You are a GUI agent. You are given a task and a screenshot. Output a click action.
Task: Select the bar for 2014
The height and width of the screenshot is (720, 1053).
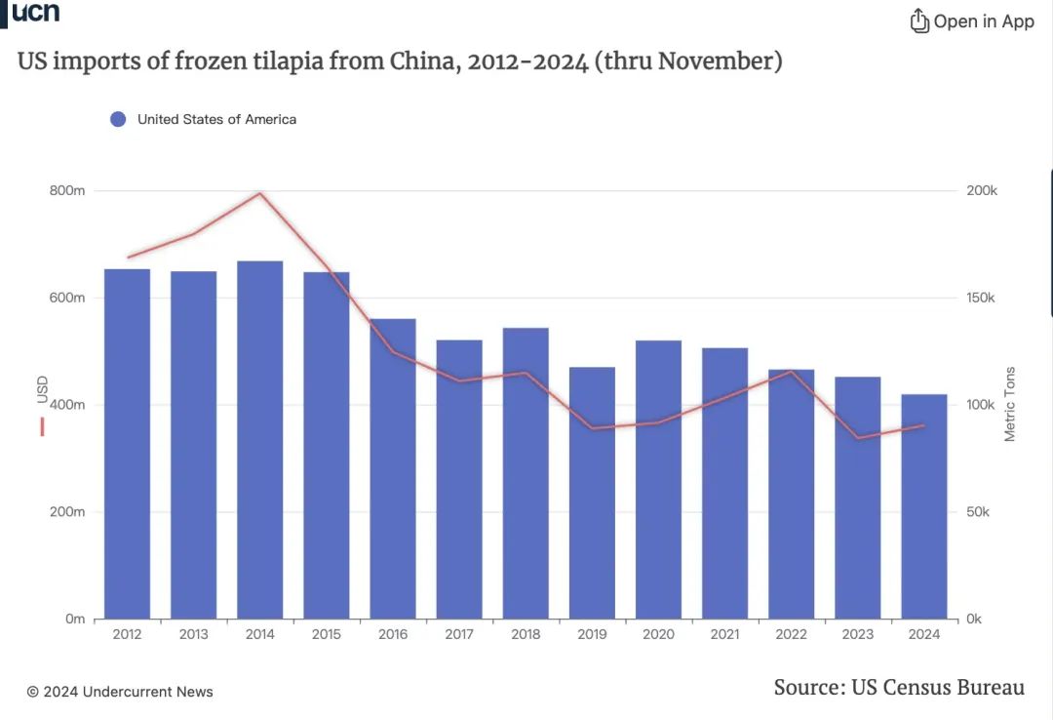(x=260, y=439)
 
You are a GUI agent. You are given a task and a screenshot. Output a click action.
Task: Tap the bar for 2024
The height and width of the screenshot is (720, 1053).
(x=923, y=506)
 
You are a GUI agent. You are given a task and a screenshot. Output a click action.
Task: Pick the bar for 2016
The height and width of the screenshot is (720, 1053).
(x=393, y=468)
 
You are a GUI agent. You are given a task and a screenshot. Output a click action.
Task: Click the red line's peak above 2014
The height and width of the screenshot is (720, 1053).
(x=260, y=193)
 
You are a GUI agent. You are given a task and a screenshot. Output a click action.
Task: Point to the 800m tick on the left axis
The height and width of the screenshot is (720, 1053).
(x=67, y=190)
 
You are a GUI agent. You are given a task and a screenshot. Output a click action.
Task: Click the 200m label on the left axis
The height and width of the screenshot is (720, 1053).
(x=67, y=511)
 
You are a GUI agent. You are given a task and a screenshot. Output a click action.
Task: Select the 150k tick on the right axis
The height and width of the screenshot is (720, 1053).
(x=982, y=298)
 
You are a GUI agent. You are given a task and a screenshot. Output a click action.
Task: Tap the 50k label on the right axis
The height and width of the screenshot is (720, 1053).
(x=978, y=511)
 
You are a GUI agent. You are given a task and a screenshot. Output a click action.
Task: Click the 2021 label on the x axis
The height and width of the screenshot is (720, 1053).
(x=724, y=634)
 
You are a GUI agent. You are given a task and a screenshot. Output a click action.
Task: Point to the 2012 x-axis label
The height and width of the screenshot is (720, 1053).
(x=128, y=634)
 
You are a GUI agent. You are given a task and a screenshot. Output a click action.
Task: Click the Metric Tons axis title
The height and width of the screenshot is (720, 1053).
(x=1010, y=404)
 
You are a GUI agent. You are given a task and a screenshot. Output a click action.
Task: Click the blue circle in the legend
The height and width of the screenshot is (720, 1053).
(x=118, y=119)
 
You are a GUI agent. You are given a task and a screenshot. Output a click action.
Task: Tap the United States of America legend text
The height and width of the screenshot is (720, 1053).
(x=216, y=119)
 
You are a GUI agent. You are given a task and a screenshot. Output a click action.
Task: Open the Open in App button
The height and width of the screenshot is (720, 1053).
(x=972, y=20)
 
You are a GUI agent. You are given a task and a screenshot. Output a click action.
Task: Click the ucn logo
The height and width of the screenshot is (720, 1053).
(x=34, y=12)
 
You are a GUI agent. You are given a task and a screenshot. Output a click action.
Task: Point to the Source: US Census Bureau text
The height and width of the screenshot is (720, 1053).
(x=899, y=687)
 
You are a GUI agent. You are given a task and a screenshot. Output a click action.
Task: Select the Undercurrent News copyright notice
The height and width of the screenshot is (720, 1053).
(x=120, y=692)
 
